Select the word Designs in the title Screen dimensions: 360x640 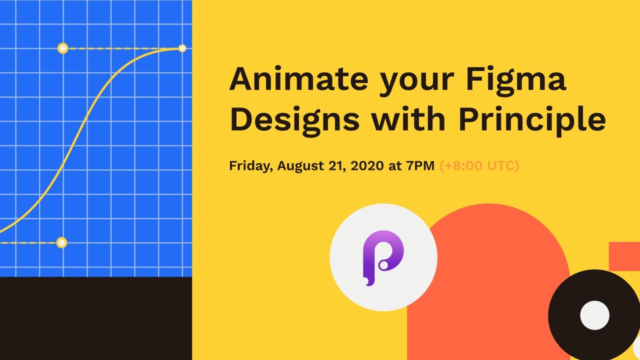click(294, 120)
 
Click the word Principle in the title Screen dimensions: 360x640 click(532, 120)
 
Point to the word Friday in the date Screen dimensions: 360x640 click(250, 166)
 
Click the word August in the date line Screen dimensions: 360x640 click(300, 166)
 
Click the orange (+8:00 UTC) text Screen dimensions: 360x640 click(479, 166)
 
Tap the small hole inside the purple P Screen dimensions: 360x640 click(383, 265)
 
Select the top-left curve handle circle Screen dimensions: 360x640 click(62, 48)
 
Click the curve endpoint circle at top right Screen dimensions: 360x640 click(182, 48)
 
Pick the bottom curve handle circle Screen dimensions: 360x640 click(61, 242)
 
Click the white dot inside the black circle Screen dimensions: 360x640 click(594, 315)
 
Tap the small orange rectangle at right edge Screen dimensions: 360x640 click(624, 255)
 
